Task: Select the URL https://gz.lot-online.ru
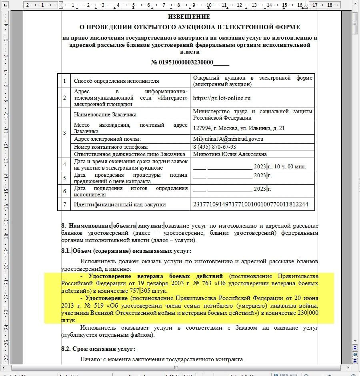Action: tap(222, 98)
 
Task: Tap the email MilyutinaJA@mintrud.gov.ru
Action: tap(228, 139)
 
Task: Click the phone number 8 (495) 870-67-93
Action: tap(214, 147)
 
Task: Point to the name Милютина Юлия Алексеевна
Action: tap(230, 154)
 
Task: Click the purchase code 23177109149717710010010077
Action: tap(250, 204)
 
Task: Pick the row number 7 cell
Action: tap(64, 204)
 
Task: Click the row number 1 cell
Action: tap(64, 81)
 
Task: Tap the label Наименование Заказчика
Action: tap(105, 114)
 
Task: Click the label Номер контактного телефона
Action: tap(111, 147)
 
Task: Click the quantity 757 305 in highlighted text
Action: tap(140, 291)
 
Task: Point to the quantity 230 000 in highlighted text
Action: tap(308, 313)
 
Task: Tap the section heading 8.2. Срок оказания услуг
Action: tap(98, 349)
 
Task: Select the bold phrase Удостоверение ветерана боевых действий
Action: tap(156, 276)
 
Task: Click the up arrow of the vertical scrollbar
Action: tap(355, 14)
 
